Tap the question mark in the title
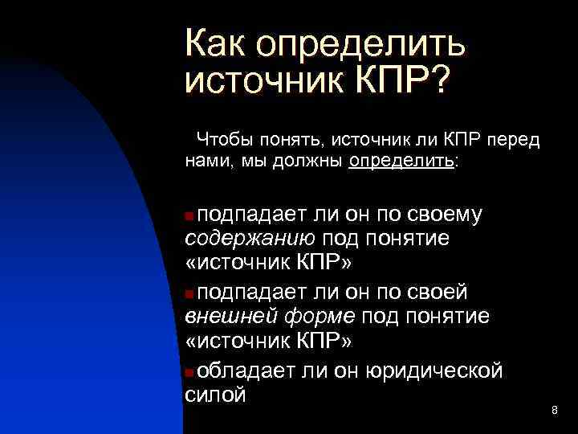441,81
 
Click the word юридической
434,370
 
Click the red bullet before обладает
189,371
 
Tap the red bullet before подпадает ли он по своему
189,215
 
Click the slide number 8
554,411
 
